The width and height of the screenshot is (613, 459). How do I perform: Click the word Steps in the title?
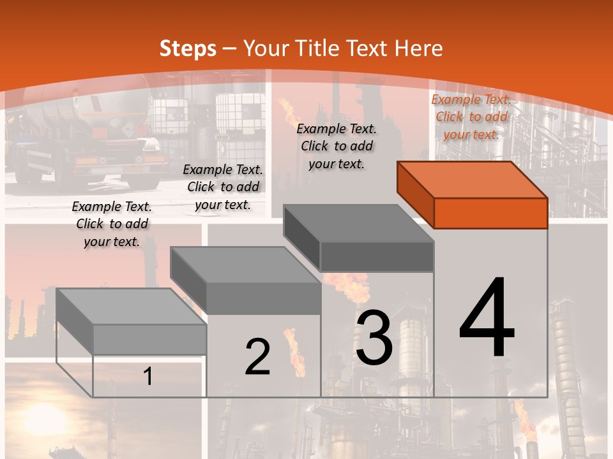188,48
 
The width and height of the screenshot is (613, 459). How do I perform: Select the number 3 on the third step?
374,338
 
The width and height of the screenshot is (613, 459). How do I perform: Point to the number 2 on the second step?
257,357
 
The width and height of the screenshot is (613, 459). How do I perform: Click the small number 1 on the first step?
148,377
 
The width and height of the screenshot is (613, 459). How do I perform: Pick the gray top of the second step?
245,265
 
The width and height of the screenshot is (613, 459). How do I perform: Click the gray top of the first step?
132,307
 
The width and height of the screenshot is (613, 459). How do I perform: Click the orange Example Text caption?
471,117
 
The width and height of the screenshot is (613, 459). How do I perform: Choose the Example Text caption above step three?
337,146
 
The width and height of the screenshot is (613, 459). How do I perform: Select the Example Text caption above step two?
223,187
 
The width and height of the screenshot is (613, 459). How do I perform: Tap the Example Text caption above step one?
112,224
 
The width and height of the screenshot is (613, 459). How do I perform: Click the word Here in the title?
418,48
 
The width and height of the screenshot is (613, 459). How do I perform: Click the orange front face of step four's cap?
490,214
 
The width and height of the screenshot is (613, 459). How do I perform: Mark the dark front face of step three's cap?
377,257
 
